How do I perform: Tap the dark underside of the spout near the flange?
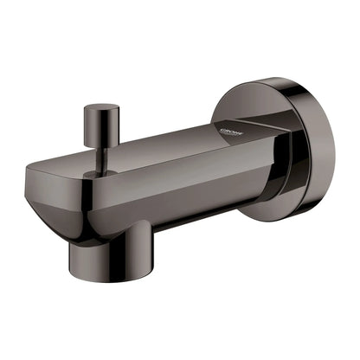tap(216, 213)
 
